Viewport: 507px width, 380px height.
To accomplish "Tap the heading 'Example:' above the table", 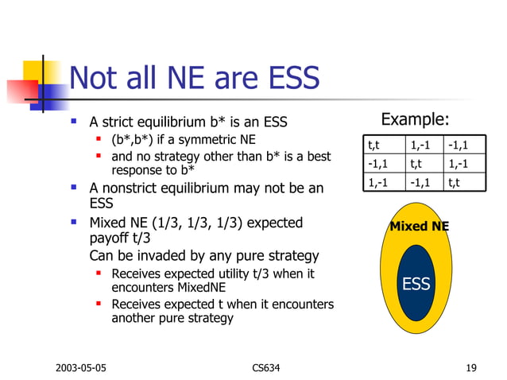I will pyautogui.click(x=415, y=120).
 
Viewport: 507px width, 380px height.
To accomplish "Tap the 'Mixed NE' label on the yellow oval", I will pyautogui.click(x=419, y=227).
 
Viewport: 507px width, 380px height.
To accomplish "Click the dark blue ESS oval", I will pyautogui.click(x=416, y=284).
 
